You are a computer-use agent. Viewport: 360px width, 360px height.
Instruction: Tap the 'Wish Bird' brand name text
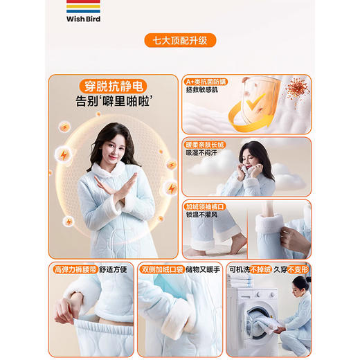[84, 19]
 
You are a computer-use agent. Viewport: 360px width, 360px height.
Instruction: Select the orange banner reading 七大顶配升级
[180, 40]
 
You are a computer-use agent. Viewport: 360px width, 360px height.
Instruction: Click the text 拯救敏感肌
[201, 91]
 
